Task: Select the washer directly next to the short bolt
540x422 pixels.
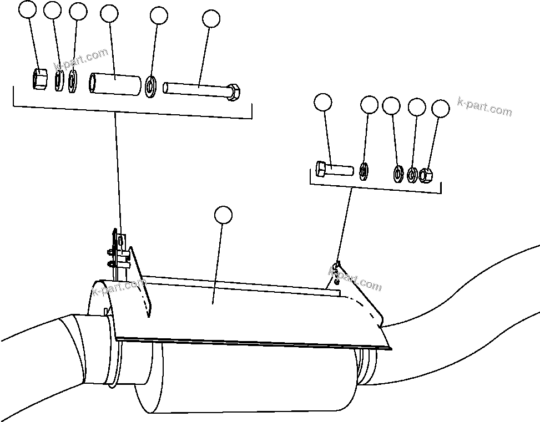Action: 364,171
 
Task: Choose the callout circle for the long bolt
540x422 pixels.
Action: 211,19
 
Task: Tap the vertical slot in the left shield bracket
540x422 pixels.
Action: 120,241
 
